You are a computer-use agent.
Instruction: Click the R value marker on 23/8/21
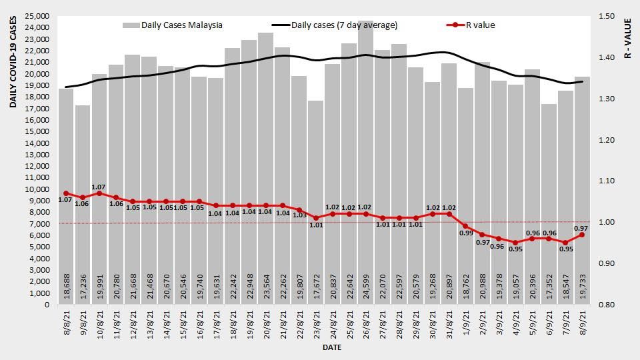pos(316,218)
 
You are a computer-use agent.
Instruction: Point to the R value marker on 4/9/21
pos(515,243)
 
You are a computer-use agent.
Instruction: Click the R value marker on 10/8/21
pos(99,193)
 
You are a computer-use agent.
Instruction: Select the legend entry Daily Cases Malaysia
pos(173,25)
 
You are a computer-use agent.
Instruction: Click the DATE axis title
pos(332,348)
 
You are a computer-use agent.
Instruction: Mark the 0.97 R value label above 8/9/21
pos(580,228)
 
